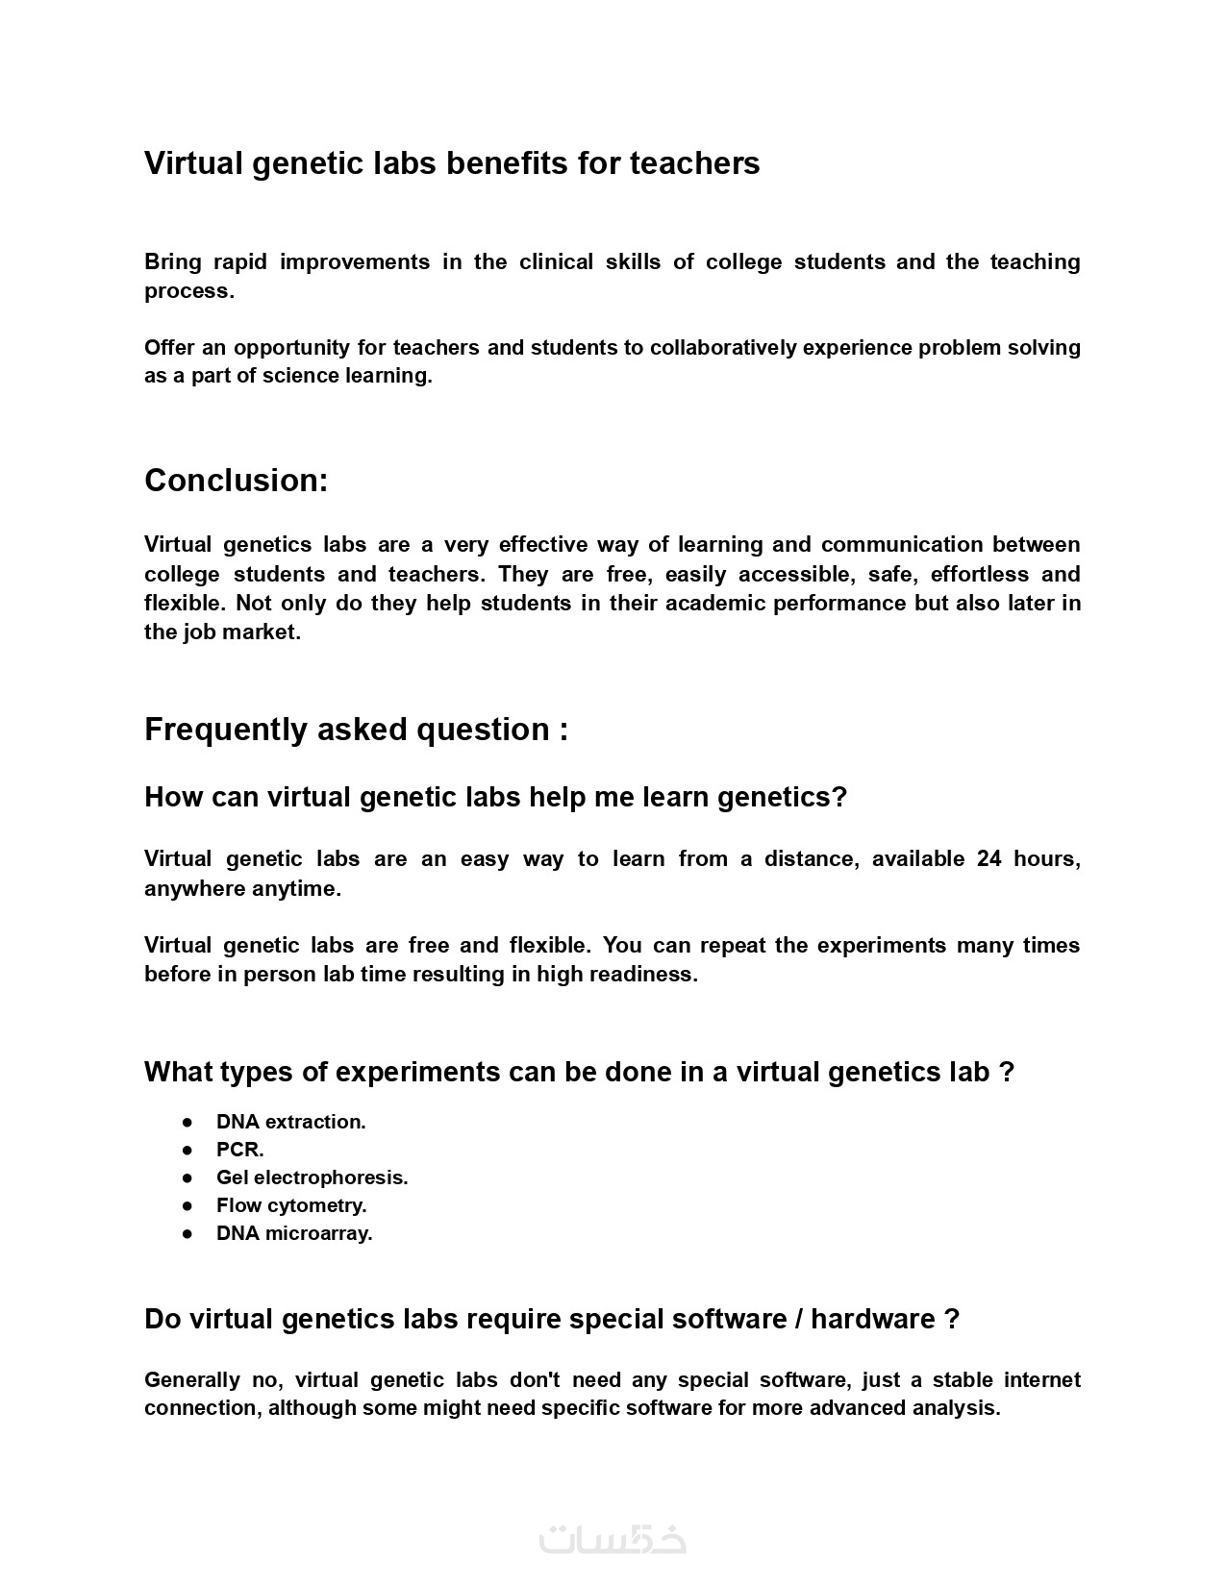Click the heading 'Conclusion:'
click(237, 481)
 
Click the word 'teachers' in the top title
click(694, 163)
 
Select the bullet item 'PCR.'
click(239, 1150)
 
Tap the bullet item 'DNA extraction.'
click(290, 1122)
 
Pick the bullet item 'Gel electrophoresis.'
click(312, 1177)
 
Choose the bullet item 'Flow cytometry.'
click(291, 1205)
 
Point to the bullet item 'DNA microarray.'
click(294, 1233)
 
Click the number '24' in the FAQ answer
click(989, 859)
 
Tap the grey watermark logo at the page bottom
click(613, 1538)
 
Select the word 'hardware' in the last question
click(872, 1319)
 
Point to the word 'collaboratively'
click(723, 348)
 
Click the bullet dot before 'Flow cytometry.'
click(188, 1205)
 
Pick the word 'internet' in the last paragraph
click(1042, 1380)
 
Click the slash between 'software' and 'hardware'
click(799, 1319)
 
